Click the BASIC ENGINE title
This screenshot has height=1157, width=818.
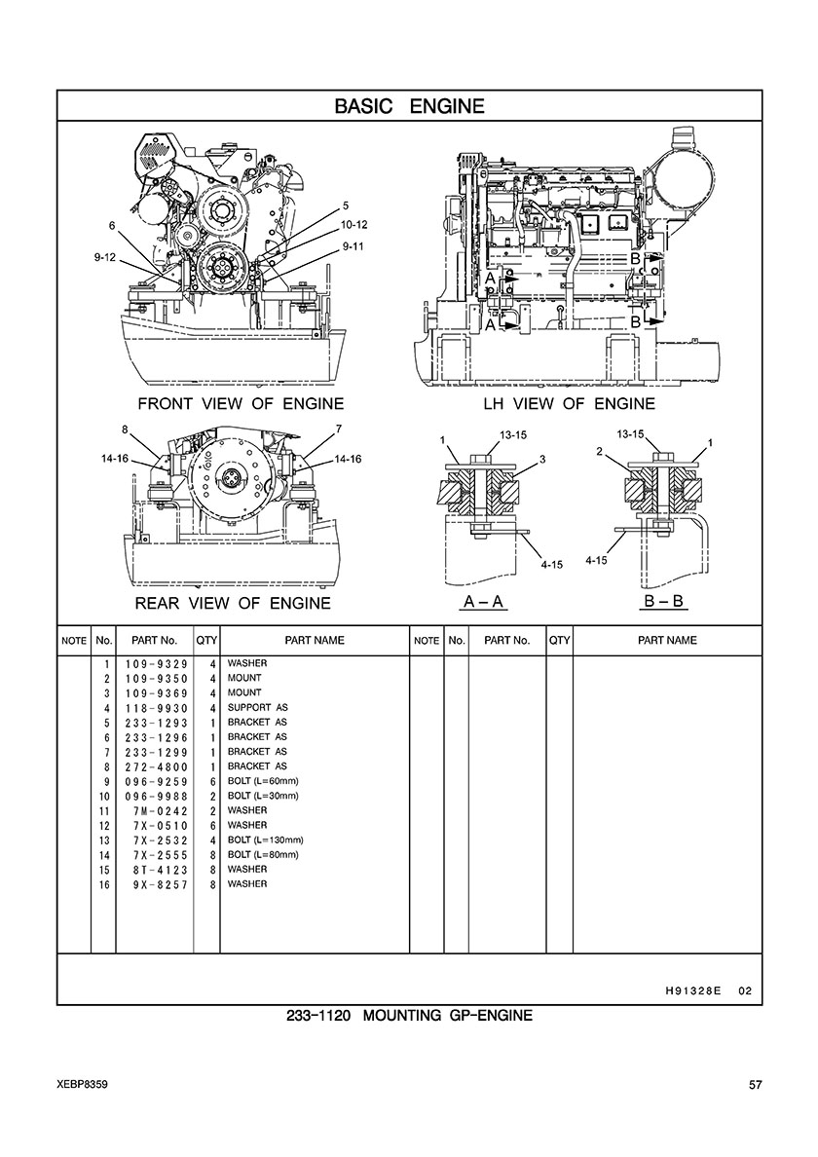409,106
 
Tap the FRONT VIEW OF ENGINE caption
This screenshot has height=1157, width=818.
241,403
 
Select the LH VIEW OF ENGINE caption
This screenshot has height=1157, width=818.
569,403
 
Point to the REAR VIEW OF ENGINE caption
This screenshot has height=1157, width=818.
233,604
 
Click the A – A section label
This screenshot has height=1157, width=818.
483,602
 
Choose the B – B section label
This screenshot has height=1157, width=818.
664,601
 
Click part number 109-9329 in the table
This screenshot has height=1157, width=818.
157,664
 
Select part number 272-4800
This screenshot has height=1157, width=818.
157,767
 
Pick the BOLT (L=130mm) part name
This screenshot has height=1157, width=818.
266,840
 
